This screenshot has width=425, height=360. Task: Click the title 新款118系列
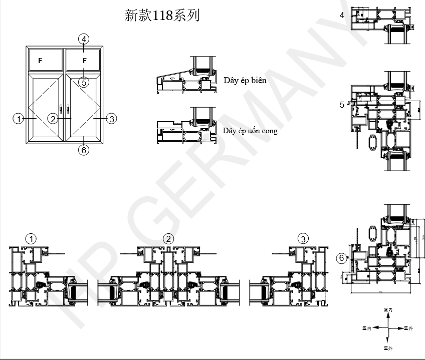(162, 16)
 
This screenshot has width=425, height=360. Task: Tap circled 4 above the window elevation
(84, 39)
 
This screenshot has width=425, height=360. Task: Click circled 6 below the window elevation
(84, 150)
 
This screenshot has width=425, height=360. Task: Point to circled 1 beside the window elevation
(19, 119)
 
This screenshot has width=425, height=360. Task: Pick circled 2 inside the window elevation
(53, 119)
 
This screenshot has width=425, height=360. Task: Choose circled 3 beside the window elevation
(111, 119)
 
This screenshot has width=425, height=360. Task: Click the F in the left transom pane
(40, 61)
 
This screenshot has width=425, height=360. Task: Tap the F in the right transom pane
(84, 61)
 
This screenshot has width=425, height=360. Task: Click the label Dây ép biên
(245, 80)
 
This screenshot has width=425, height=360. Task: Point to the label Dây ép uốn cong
(250, 131)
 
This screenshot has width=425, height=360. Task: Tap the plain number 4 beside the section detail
(342, 15)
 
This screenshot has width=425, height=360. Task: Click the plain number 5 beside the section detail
(342, 105)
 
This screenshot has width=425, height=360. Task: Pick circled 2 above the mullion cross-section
(169, 239)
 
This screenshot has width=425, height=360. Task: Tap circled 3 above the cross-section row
(303, 239)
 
